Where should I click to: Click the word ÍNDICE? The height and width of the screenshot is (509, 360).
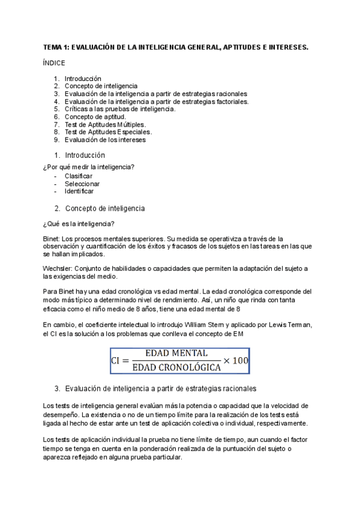[54, 63]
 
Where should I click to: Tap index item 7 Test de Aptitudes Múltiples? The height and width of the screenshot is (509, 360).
[105, 124]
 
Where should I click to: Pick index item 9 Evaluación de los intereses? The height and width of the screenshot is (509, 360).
[105, 140]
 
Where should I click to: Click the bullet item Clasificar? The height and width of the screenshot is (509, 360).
[78, 176]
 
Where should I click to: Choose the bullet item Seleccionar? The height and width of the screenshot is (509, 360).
[82, 184]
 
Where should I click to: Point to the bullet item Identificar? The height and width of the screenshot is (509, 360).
[79, 191]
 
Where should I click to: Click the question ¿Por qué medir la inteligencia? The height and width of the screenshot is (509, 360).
[89, 166]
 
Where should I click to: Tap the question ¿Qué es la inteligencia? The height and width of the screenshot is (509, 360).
[78, 224]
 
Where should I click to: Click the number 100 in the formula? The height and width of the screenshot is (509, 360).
[240, 360]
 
